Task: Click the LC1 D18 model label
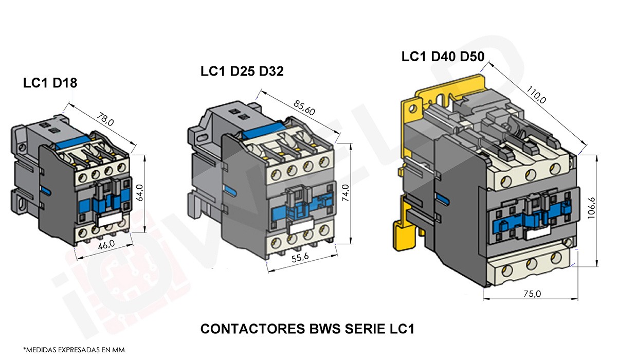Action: point(50,83)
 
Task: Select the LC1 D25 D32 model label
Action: point(242,71)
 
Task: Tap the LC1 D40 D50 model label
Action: point(443,57)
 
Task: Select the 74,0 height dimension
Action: point(345,194)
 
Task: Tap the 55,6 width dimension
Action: point(301,259)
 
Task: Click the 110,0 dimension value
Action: point(537,95)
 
